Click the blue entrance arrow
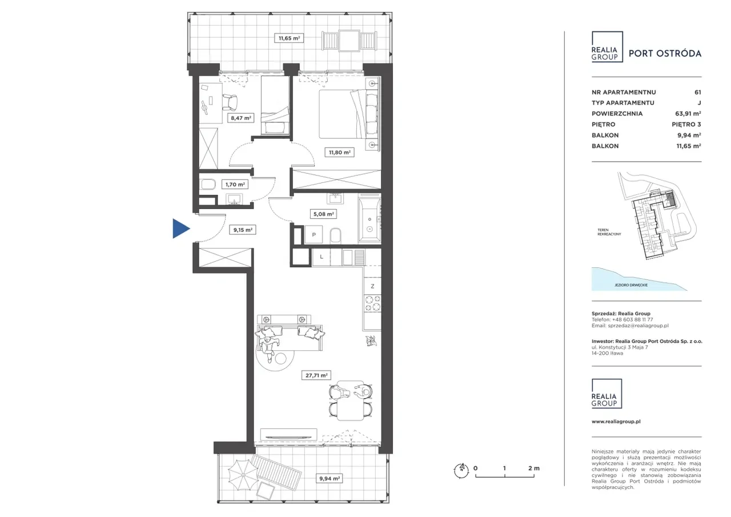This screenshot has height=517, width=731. click(180, 229)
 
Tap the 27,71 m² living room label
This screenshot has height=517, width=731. click(316, 375)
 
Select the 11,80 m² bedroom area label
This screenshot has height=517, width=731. click(340, 152)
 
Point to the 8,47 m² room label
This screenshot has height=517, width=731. click(241, 118)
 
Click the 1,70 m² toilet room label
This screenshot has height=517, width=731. click(235, 185)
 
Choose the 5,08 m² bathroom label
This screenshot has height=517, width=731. click(323, 214)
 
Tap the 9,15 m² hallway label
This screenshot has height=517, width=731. click(243, 230)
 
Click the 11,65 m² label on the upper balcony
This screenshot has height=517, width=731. click(289, 38)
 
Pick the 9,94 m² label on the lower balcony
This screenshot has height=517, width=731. click(330, 479)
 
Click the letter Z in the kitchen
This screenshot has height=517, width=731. click(372, 286)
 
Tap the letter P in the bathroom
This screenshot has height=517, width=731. click(314, 235)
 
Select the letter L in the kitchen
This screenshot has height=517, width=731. click(322, 257)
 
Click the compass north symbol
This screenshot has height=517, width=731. click(461, 471)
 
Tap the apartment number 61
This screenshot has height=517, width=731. click(697, 93)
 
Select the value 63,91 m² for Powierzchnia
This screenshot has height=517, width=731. click(688, 114)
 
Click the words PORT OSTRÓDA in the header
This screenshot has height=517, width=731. click(665, 54)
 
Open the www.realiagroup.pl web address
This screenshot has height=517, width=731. click(616, 422)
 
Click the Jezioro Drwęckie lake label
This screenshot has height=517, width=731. click(631, 285)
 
